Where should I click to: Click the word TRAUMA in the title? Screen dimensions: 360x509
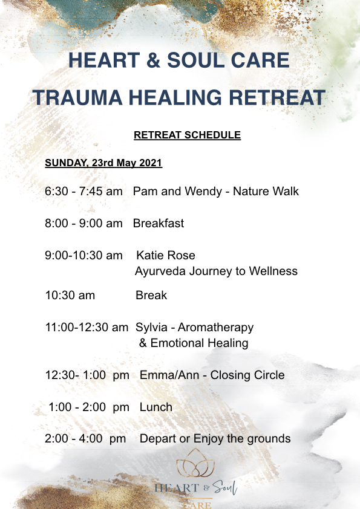pyautogui.click(x=77, y=97)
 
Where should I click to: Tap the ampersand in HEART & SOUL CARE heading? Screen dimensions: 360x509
pyautogui.click(x=153, y=60)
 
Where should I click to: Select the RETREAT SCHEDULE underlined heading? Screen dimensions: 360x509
pyautogui.click(x=187, y=135)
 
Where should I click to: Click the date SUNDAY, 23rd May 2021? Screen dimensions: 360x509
pyautogui.click(x=103, y=163)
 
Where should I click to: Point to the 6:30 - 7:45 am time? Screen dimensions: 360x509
pyautogui.click(x=83, y=191)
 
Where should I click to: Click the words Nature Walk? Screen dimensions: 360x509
pyautogui.click(x=266, y=191)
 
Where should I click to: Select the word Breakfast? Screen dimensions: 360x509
pyautogui.click(x=159, y=223)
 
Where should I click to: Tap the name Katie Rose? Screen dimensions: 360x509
pyautogui.click(x=166, y=255)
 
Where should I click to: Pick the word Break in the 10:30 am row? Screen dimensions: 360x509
pyautogui.click(x=151, y=295)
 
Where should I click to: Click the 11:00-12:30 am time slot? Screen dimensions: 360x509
pyautogui.click(x=87, y=327)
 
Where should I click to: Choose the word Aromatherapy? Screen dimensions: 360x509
pyautogui.click(x=215, y=328)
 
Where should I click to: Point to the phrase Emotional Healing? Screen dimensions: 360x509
pyautogui.click(x=199, y=343)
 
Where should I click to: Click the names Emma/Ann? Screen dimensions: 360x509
pyautogui.click(x=169, y=375)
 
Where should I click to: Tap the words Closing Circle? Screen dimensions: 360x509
pyautogui.click(x=247, y=375)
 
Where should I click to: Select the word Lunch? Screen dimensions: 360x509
pyautogui.click(x=156, y=407)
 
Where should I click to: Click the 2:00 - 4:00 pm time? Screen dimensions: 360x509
pyautogui.click(x=85, y=438)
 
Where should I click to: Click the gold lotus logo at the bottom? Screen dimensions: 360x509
pyautogui.click(x=195, y=463)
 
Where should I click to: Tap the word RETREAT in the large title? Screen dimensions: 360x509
pyautogui.click(x=277, y=97)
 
